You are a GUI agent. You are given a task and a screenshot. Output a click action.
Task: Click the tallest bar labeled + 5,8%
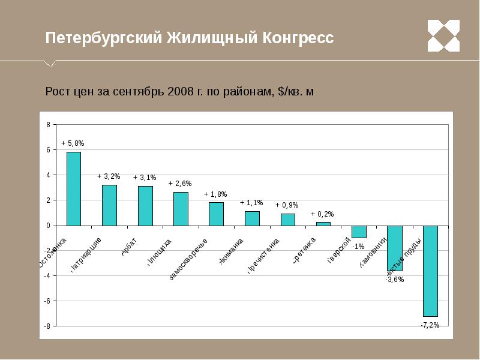[x=73, y=188]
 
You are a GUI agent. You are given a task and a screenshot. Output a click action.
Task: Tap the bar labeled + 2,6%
[x=181, y=209]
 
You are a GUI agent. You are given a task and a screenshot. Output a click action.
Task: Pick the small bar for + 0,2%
[x=323, y=224]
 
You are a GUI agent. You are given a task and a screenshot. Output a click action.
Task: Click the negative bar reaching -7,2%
[x=430, y=271]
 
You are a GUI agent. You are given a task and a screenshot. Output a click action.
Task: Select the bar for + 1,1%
[x=252, y=218]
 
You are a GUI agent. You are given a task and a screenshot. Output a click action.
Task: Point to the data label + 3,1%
[x=145, y=178]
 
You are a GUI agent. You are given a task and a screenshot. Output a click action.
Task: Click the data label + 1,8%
[x=215, y=194]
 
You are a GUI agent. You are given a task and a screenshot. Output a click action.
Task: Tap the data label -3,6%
[x=394, y=280]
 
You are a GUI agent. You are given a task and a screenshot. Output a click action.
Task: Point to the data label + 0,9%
[x=287, y=205]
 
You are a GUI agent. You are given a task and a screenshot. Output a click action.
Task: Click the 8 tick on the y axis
[x=48, y=125]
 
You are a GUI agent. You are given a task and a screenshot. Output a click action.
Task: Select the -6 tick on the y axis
[x=47, y=301]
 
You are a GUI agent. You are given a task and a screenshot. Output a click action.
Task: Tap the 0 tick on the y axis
[x=48, y=226]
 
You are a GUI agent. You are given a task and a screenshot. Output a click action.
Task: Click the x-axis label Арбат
[x=130, y=248]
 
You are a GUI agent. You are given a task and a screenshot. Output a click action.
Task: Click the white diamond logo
[x=443, y=35]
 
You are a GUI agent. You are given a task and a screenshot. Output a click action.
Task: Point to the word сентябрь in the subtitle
[x=136, y=92]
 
